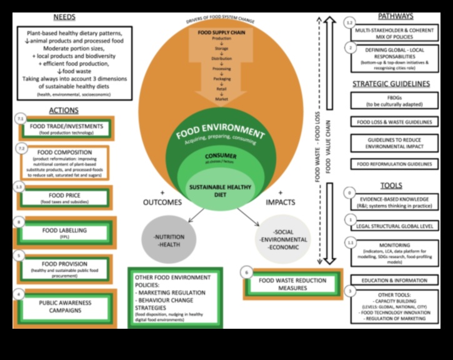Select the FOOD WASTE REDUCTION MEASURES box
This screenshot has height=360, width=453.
[x=291, y=284]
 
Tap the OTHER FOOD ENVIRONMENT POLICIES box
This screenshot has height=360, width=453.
[x=175, y=297]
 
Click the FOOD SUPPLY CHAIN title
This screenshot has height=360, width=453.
[x=222, y=32]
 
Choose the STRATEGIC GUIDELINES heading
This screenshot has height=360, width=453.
[x=391, y=84]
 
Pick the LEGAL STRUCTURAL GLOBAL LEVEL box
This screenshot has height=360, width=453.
[x=394, y=224]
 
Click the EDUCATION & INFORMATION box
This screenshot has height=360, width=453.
[x=394, y=280]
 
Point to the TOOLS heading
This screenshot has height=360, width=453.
[x=391, y=186]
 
